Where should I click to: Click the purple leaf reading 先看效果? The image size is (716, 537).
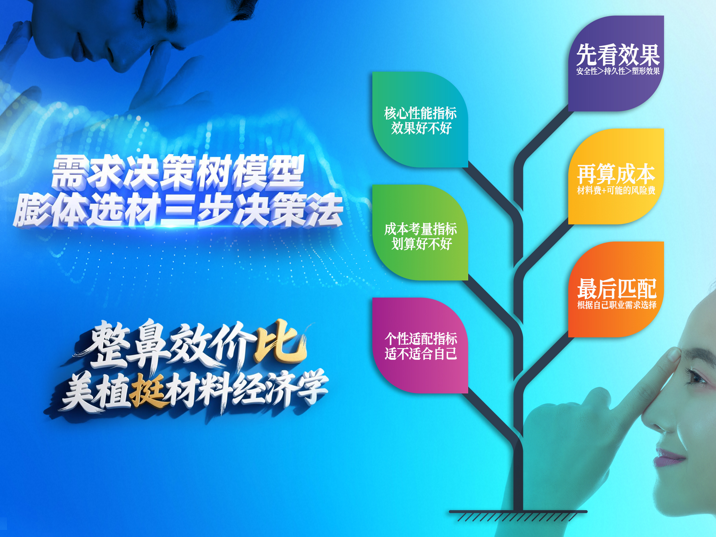click(616, 64)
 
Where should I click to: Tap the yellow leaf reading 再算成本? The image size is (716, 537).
click(616, 176)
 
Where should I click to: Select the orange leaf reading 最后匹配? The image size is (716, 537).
click(616, 289)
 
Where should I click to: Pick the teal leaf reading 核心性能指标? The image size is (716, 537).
click(420, 119)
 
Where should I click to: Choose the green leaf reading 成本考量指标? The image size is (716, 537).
click(420, 232)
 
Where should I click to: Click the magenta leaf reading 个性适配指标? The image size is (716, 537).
click(420, 345)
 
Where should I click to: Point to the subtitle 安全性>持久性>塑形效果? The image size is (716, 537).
click(618, 71)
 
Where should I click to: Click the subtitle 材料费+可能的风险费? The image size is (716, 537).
click(616, 190)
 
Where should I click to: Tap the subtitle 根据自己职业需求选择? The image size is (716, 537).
click(617, 305)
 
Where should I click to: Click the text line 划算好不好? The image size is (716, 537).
click(422, 244)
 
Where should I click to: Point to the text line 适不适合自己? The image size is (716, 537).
click(421, 354)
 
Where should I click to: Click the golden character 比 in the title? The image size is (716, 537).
click(280, 342)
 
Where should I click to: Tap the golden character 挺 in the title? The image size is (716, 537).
click(149, 391)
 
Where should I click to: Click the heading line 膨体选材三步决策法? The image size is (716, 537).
click(178, 209)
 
